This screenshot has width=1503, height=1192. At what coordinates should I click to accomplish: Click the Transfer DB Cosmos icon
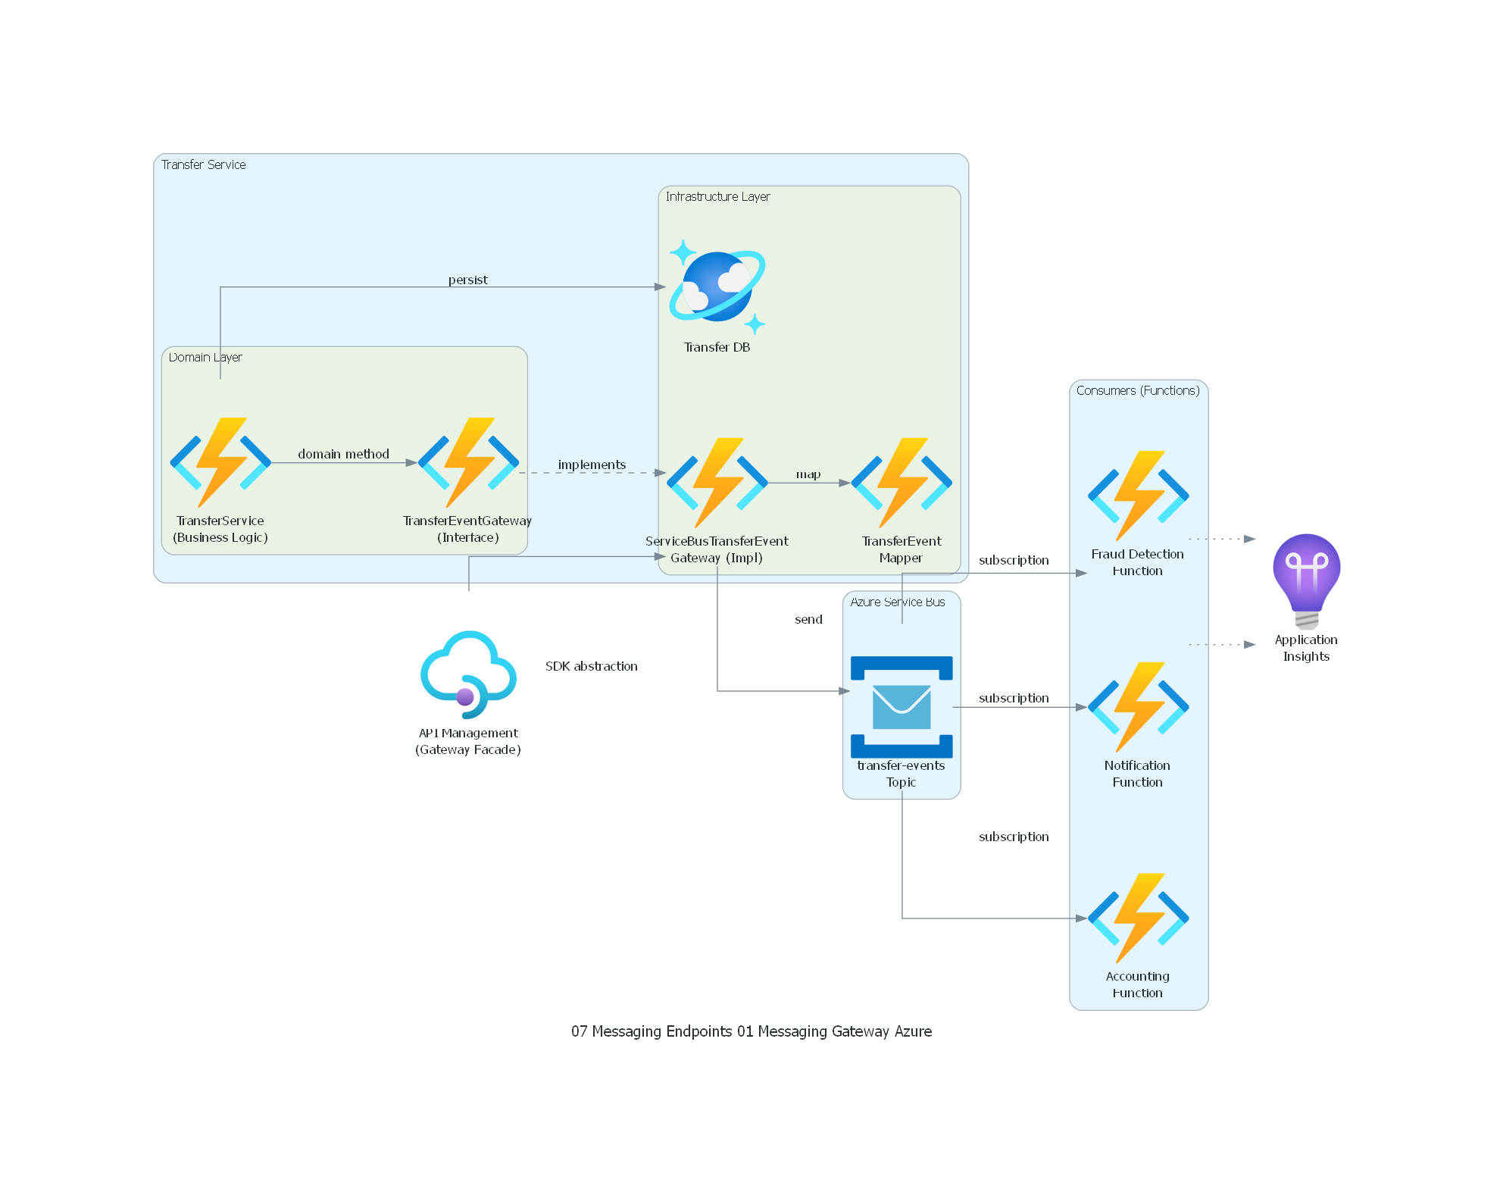point(717,287)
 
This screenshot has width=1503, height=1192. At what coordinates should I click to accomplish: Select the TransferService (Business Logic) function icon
point(220,462)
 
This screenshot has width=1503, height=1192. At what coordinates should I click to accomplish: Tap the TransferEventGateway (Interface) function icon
point(468,462)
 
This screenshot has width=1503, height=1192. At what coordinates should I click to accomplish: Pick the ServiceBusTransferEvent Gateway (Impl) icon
point(717,483)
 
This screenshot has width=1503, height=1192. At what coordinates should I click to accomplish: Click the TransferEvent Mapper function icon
point(901,483)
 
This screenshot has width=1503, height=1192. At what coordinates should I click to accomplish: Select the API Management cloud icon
point(468,674)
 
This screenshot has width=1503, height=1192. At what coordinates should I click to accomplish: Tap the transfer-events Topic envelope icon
point(901,707)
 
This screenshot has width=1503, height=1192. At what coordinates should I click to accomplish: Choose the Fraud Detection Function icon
point(1138,496)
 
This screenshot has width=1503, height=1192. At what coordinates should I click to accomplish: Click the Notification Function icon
point(1138,707)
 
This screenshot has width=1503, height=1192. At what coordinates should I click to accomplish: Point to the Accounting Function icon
point(1138,918)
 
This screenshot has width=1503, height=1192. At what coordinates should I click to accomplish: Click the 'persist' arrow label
point(467,280)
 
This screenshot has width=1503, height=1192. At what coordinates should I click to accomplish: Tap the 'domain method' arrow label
point(343,454)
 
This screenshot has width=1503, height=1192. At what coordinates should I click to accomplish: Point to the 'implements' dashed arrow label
point(592,465)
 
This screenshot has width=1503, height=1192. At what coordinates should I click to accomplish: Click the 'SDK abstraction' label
point(591,666)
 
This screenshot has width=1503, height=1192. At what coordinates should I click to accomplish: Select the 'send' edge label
point(808,619)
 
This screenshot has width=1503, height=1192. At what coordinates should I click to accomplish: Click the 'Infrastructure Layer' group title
point(717,196)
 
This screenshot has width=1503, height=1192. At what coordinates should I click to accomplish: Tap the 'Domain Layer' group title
point(205,357)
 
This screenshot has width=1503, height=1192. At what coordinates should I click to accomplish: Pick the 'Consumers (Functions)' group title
point(1138,390)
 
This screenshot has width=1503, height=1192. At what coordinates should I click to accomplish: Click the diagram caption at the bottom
point(751,1031)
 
